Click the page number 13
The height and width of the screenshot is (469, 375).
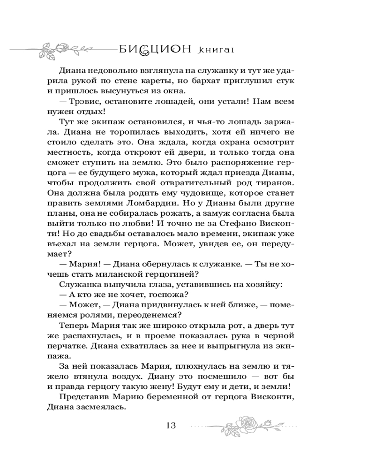point(170,425)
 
